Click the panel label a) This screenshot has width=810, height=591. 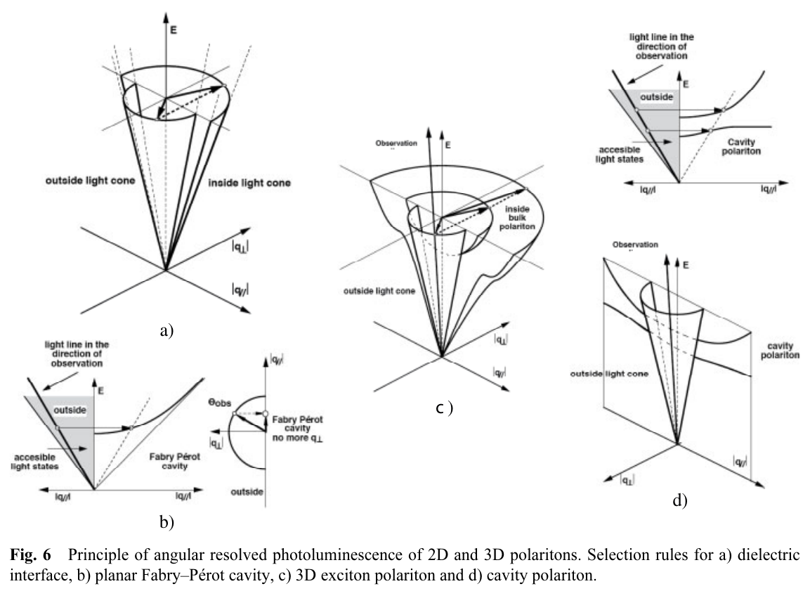pyautogui.click(x=165, y=330)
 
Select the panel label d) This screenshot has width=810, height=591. pyautogui.click(x=680, y=501)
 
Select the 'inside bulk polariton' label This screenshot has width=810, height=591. pyautogui.click(x=518, y=209)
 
